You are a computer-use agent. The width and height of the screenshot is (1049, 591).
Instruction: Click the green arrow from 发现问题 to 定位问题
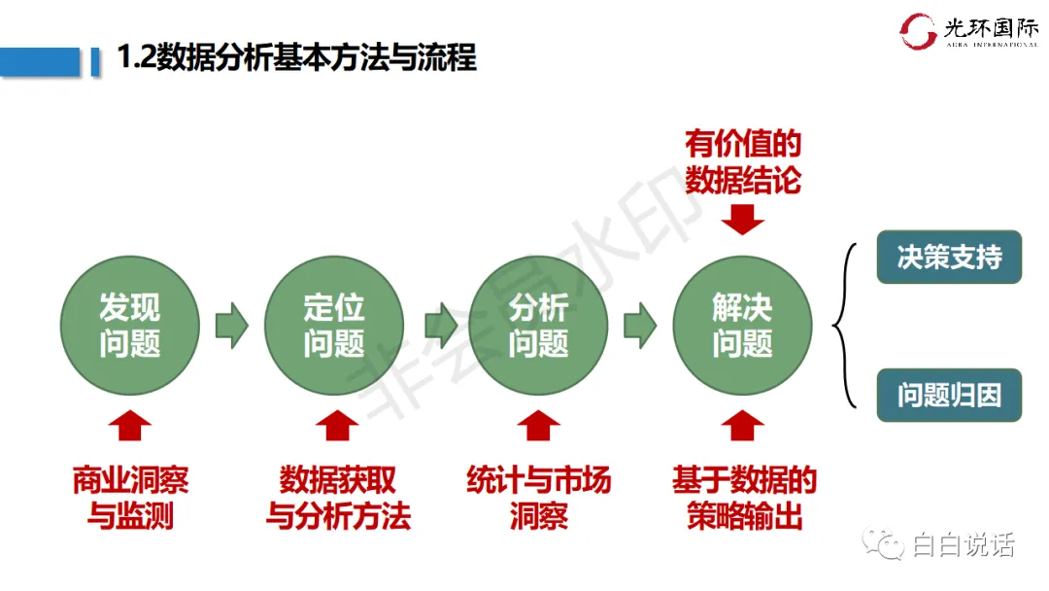[231, 325]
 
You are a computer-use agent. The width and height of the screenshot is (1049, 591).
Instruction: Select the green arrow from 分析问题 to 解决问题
[639, 325]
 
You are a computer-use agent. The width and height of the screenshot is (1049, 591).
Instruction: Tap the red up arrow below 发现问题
[129, 426]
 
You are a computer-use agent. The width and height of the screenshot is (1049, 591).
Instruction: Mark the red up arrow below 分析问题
[538, 426]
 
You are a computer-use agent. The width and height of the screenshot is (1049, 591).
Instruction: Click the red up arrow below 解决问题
[743, 426]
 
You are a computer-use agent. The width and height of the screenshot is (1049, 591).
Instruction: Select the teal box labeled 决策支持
[949, 258]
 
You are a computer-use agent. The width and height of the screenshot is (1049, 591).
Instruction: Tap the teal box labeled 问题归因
[949, 396]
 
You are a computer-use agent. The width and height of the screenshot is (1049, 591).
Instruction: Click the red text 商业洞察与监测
[129, 497]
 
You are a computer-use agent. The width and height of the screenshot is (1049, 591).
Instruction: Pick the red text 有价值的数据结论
[743, 162]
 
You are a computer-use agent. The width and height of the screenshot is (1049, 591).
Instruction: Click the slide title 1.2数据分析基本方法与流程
[296, 57]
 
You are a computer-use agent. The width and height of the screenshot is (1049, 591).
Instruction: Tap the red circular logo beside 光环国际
[918, 30]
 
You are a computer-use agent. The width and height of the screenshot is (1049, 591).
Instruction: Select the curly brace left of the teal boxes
[847, 326]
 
